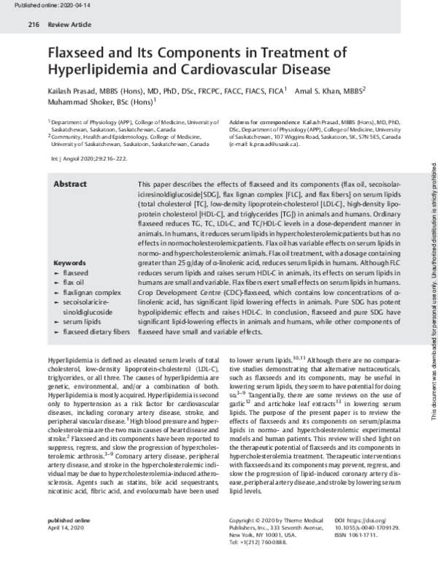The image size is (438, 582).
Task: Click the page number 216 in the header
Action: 33,24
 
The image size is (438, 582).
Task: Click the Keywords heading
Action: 71,262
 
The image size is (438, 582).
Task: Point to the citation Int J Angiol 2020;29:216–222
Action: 92,158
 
